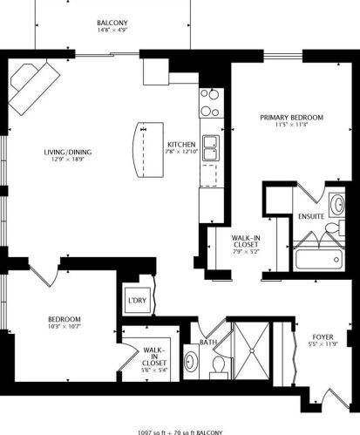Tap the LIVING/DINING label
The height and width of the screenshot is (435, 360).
(x=68, y=153)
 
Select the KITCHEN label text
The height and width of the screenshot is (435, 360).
(x=180, y=144)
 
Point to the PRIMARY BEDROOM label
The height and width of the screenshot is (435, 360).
(x=291, y=117)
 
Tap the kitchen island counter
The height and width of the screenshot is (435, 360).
(x=143, y=150)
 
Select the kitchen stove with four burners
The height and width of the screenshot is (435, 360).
(x=209, y=103)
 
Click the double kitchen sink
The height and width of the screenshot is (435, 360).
(x=210, y=149)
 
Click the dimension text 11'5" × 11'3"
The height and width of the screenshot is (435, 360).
(x=291, y=125)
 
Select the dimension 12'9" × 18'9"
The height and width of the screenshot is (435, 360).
(x=68, y=160)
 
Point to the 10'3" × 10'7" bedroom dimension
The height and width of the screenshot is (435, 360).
(x=65, y=327)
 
